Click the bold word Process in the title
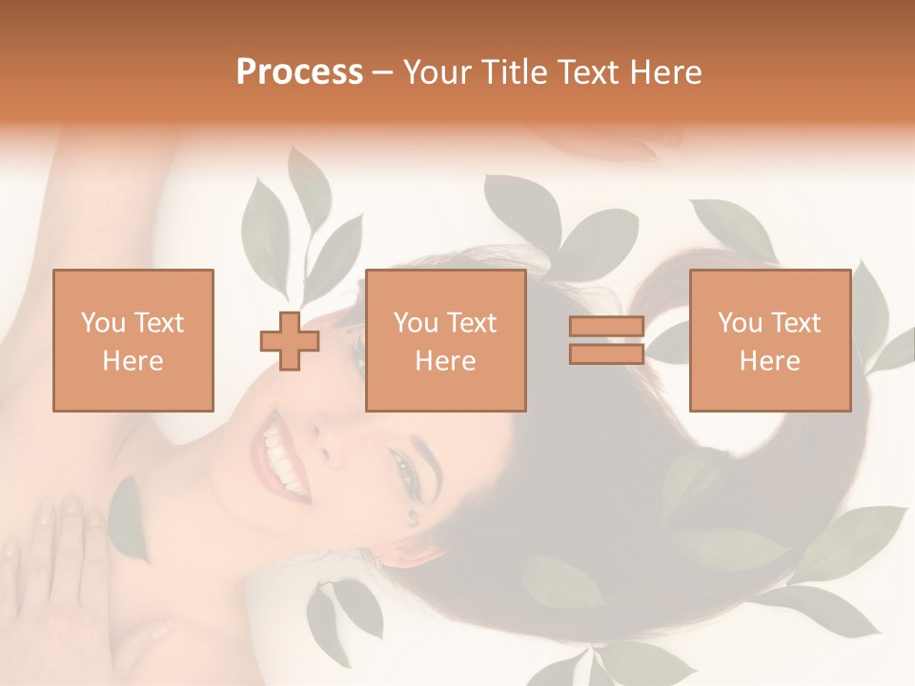(x=299, y=72)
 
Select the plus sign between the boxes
(x=290, y=340)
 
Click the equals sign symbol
(x=606, y=340)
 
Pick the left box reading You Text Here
(x=133, y=340)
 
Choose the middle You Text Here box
(x=445, y=340)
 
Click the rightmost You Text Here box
(x=769, y=340)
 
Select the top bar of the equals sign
(x=606, y=327)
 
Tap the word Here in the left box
(x=133, y=361)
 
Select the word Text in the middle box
(x=472, y=323)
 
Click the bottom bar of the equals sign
(x=606, y=354)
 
